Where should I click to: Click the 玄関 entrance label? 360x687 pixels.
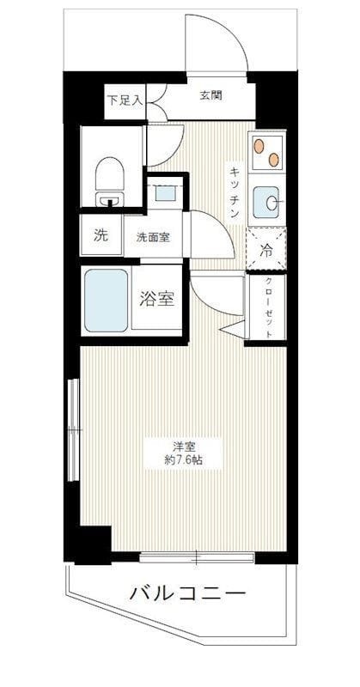coord(211,95)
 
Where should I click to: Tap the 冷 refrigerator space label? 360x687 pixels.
coord(266,252)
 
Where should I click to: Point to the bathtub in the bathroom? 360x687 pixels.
coord(107,301)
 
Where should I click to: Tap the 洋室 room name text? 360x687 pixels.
coord(181,446)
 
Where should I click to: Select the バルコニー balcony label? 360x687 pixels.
coord(189,593)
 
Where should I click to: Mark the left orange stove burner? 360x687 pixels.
coord(259,147)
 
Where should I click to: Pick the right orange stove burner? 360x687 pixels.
coord(273,158)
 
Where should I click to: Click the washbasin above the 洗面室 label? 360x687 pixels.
coord(162,193)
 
